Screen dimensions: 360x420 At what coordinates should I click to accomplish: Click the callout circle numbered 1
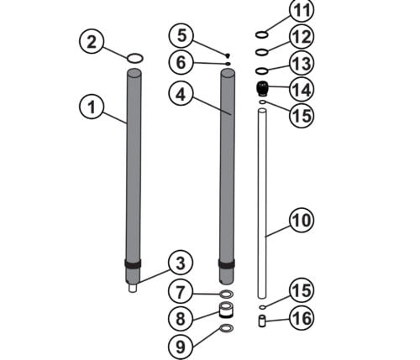[x=90, y=107]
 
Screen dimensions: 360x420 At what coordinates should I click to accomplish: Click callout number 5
[x=182, y=37]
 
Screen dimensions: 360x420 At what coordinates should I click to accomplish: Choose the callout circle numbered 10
[x=302, y=221]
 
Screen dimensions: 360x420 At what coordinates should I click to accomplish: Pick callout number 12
[x=301, y=37]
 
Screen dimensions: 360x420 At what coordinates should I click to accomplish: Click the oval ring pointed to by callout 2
[x=134, y=58]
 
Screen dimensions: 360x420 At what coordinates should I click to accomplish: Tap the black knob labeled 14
[x=263, y=87]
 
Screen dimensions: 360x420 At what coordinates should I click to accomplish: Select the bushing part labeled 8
[x=225, y=312]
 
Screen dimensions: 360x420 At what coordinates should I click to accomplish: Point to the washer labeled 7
[x=225, y=294]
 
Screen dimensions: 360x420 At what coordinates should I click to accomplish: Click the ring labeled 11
[x=262, y=34]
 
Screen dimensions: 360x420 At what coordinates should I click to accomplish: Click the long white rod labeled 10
[x=263, y=210]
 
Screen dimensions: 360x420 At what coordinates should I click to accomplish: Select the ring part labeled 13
[x=262, y=70]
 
